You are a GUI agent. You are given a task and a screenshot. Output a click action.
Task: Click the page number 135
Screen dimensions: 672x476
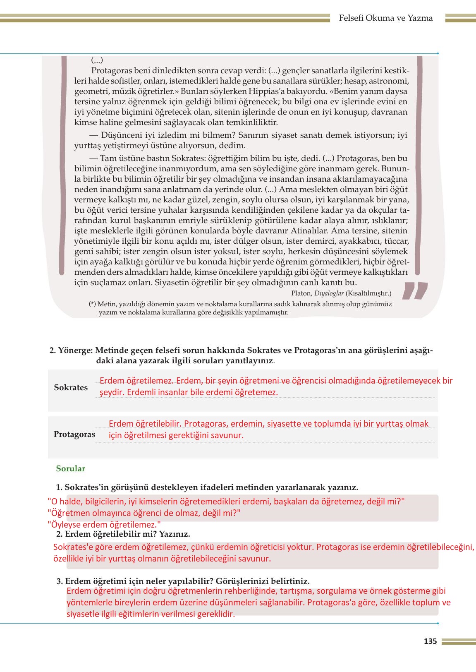[x=430, y=641]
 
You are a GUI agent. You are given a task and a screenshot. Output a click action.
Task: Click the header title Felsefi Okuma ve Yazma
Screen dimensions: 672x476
[x=385, y=18]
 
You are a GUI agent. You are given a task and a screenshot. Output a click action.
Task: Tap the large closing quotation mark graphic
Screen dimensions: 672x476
[x=414, y=290]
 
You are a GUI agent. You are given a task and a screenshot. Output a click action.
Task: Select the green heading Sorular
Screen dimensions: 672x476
[x=71, y=469]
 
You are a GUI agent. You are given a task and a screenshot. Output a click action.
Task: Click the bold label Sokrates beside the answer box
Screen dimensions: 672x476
[x=71, y=388]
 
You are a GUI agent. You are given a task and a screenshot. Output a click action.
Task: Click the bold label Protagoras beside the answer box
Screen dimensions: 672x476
[x=74, y=434]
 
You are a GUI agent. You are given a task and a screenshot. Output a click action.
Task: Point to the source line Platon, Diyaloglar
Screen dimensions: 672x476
[x=341, y=293]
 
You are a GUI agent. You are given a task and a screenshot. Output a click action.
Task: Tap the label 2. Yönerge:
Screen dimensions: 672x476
[x=70, y=350]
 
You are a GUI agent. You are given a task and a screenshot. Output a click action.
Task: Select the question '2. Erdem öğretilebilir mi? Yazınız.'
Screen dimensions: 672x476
[x=123, y=534]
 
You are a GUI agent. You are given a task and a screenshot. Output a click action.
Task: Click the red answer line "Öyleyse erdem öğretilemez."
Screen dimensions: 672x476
[x=104, y=524]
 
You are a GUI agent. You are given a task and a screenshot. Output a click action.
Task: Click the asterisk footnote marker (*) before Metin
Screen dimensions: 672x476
[x=93, y=304]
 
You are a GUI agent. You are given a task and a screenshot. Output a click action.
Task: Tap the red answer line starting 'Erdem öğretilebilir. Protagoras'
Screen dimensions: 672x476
[x=268, y=424]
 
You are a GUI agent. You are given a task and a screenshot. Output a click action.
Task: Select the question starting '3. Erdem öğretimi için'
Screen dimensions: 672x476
[x=183, y=581]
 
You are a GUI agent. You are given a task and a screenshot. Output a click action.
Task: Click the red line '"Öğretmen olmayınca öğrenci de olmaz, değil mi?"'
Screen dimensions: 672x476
[x=144, y=513]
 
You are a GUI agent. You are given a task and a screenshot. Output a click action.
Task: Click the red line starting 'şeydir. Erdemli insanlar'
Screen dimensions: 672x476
[x=189, y=392]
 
